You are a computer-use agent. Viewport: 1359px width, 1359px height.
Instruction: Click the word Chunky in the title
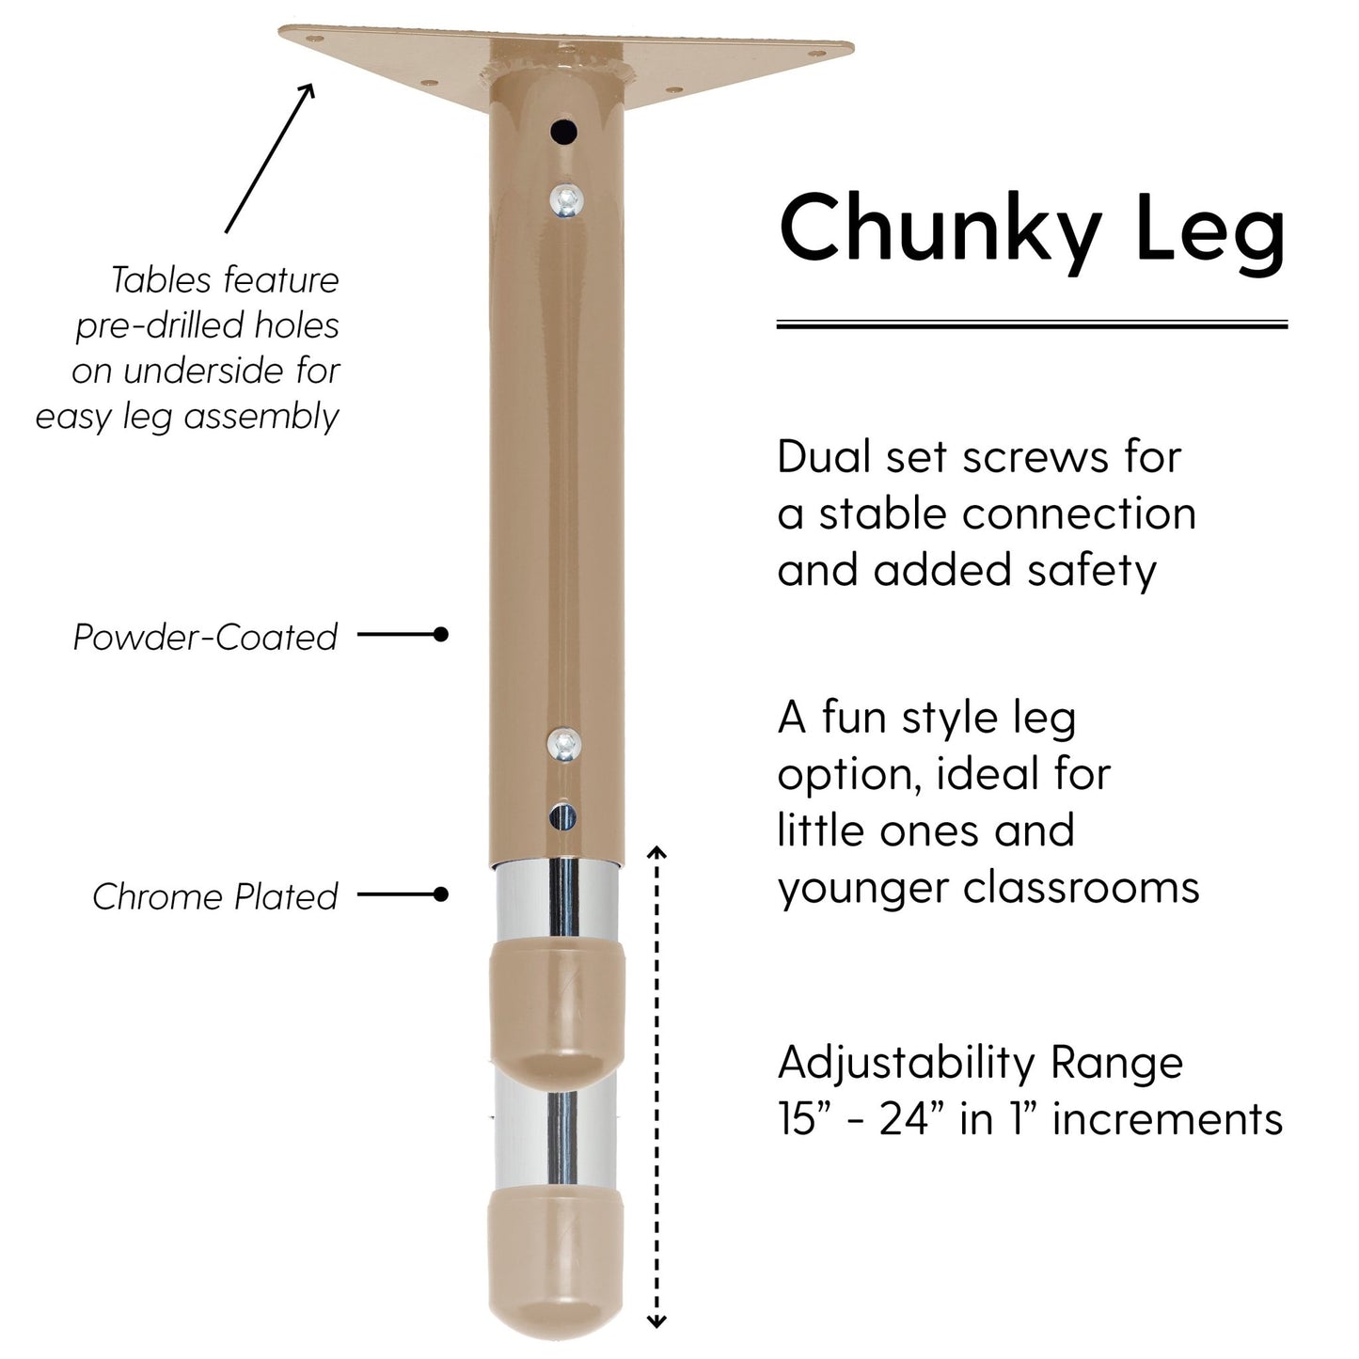point(940,230)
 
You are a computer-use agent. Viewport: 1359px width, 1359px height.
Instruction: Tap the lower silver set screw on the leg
point(563,744)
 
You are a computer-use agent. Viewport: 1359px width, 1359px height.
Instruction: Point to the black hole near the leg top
point(564,132)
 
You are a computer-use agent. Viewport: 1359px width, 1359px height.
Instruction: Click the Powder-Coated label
point(205,637)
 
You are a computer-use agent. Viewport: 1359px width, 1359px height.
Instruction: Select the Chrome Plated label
point(214,896)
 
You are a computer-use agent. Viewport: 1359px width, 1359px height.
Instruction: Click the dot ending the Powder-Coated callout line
point(440,635)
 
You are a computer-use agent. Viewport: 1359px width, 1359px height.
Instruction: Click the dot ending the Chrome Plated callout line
point(440,894)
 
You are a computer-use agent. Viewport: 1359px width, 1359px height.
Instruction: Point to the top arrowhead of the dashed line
point(657,852)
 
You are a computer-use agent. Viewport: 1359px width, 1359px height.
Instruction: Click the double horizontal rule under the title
point(1032,324)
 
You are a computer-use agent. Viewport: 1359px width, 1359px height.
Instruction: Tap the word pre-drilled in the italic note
point(148,325)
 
